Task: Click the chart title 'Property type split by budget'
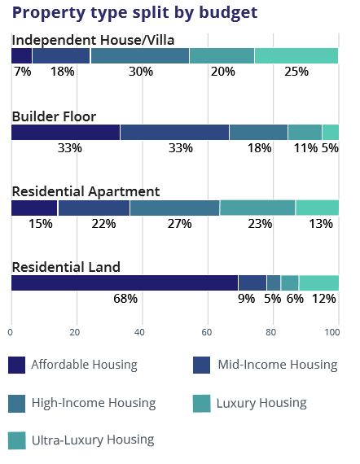coord(134,13)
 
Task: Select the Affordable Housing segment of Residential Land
coord(125,283)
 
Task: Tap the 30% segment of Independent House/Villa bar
coord(140,55)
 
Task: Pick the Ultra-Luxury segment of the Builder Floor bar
coord(331,132)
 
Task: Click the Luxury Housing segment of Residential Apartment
coord(257,208)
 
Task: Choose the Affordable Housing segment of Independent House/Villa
coord(22,55)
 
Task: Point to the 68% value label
coord(125,299)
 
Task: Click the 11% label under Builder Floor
coord(305,148)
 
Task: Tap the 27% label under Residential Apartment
coord(180,224)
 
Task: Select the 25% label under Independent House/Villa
coord(296,72)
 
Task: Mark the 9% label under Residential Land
coord(247,299)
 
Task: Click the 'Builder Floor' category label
coord(55,116)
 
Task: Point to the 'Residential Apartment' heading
coord(86,192)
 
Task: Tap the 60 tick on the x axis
coord(207,332)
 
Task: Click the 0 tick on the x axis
coord(11,332)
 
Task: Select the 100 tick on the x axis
coord(332,332)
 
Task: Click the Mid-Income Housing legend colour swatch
coord(202,366)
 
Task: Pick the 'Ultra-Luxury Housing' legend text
coord(93,440)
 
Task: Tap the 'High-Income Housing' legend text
coord(94,403)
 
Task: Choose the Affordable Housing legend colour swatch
coord(16,366)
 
